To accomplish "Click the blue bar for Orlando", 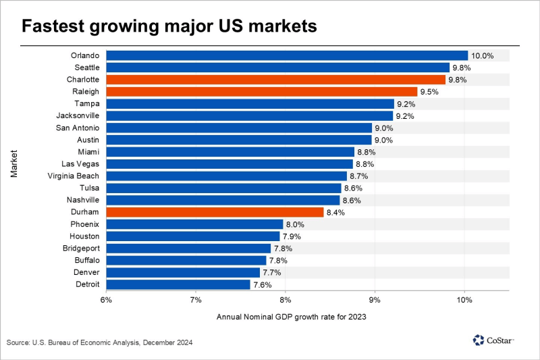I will (x=287, y=55).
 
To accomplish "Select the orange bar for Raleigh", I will (x=262, y=92).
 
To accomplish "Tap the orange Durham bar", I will (x=215, y=212).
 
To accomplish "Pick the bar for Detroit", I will (x=178, y=284).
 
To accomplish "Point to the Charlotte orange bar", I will (x=275, y=80).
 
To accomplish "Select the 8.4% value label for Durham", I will (x=336, y=212).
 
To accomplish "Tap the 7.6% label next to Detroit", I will (x=263, y=284).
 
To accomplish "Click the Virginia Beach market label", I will (x=76, y=176).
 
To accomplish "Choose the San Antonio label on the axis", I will (x=78, y=128).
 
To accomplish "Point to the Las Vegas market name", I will (x=81, y=164).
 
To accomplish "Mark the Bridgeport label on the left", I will (x=81, y=248).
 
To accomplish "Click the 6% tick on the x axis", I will (x=106, y=299).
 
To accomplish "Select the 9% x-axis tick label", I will (x=375, y=299).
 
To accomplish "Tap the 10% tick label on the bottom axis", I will (x=464, y=299).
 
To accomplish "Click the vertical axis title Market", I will (x=14, y=166).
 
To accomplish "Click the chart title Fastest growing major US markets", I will (x=169, y=27).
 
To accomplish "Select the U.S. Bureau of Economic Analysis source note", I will (x=100, y=343).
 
